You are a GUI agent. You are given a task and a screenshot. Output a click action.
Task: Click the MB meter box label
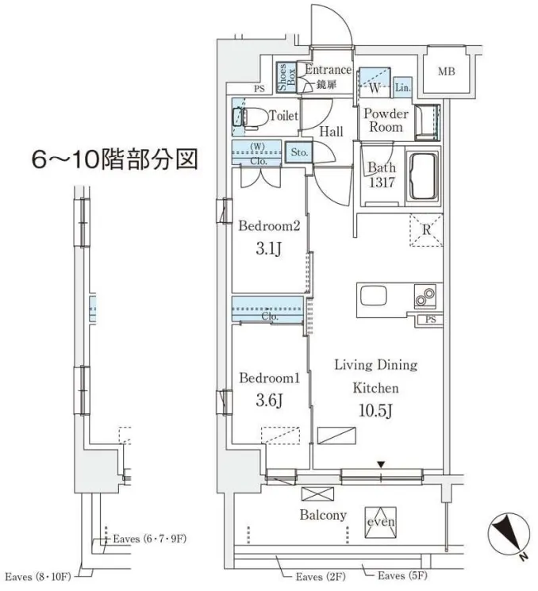(x=447, y=71)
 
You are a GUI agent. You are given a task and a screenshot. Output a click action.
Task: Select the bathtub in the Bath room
(x=423, y=176)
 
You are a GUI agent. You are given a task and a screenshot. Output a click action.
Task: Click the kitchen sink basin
(x=374, y=296)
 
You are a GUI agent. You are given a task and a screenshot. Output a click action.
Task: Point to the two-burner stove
(x=425, y=296)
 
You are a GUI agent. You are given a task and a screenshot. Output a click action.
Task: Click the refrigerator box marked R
(x=426, y=230)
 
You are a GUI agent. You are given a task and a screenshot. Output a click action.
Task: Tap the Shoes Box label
(x=286, y=77)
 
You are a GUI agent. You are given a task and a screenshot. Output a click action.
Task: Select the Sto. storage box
(x=299, y=152)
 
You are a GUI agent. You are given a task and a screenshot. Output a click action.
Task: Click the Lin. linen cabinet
(x=402, y=87)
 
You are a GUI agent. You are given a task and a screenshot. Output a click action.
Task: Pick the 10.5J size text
(x=375, y=410)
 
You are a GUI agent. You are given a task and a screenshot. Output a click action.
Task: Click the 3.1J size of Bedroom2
(x=268, y=249)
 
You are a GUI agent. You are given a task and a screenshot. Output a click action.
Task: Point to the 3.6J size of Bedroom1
(x=269, y=401)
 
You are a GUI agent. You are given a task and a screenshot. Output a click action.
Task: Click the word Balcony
(x=323, y=515)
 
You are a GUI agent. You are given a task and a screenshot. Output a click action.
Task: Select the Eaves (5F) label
(x=402, y=576)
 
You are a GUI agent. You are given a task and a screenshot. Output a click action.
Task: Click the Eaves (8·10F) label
(x=38, y=577)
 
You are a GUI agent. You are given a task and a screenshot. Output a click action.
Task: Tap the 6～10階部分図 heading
(x=114, y=159)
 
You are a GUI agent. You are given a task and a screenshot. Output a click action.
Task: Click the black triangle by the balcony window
(x=381, y=465)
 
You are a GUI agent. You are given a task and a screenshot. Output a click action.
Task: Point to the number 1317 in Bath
(x=382, y=182)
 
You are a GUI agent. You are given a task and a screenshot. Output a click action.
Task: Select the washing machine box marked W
(x=375, y=82)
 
